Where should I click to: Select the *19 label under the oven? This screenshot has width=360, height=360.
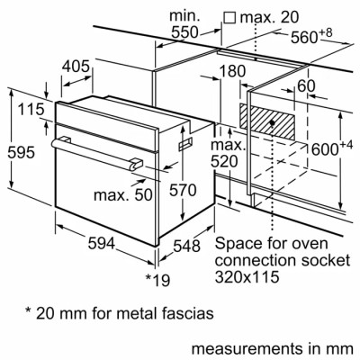tap(157, 280)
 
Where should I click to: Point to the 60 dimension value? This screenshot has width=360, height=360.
tap(307, 86)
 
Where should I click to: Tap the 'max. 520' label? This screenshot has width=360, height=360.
tap(229, 152)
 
